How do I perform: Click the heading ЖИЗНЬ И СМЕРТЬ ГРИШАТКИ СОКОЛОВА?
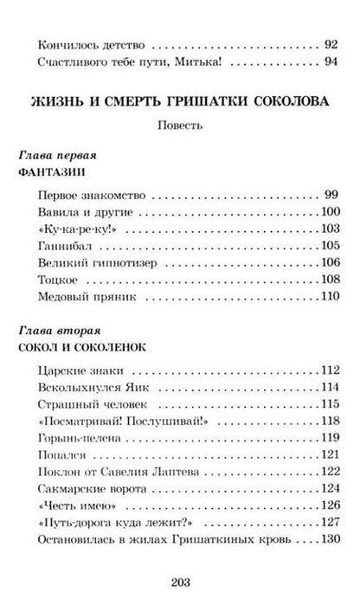tap(180, 102)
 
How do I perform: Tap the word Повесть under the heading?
tap(180, 124)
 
